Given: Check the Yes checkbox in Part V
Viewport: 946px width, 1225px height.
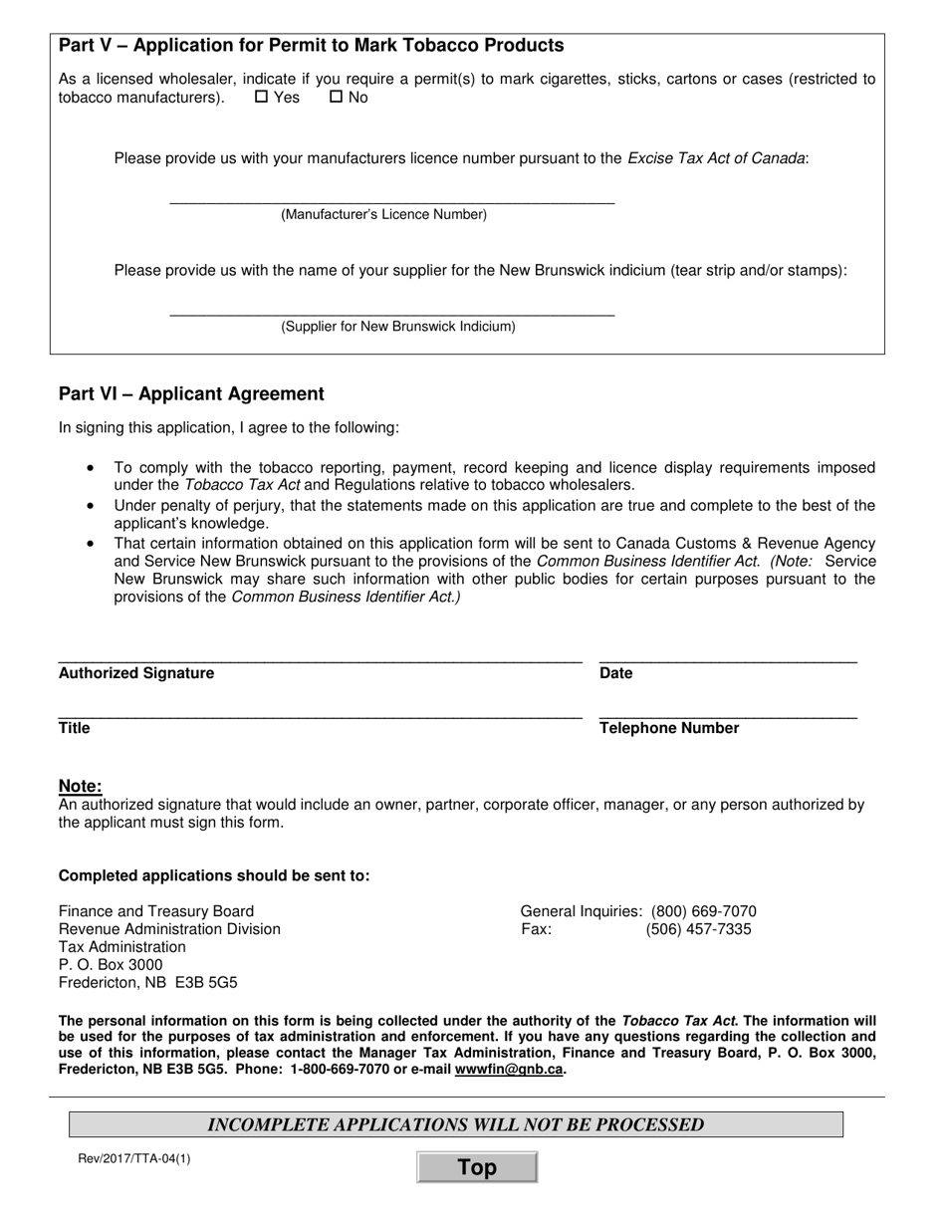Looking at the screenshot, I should pos(262,98).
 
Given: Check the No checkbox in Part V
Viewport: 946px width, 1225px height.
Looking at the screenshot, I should pos(336,98).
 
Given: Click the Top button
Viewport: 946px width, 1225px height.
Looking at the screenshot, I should pos(477,1167).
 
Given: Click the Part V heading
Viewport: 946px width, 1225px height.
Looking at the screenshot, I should pos(311,46).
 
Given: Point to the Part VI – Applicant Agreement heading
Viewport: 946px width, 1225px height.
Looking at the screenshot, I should pos(191,394).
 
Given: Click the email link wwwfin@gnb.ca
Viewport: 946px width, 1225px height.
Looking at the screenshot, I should pos(509,1070).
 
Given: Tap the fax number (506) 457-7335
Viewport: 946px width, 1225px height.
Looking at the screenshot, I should pos(698,929).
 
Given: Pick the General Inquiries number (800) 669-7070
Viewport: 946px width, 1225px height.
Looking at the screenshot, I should pos(703,911).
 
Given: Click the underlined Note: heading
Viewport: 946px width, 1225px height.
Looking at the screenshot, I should pos(81,786).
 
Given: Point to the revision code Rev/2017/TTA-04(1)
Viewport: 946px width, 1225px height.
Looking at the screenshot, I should pos(133,1158).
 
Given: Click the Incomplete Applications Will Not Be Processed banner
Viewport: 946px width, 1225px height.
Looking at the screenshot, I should pos(455,1124).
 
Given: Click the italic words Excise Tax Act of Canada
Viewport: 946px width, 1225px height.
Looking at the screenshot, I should pos(716,158).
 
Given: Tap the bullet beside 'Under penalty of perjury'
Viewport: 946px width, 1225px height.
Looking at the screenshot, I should pos(92,506).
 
